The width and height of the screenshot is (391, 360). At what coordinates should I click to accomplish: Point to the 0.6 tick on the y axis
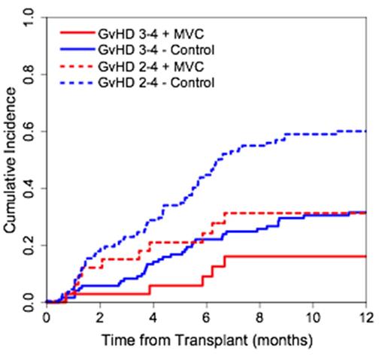tap(30, 131)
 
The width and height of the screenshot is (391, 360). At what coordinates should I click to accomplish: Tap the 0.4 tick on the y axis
tap(30, 188)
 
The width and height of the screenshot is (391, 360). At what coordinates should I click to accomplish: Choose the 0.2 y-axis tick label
tap(30, 245)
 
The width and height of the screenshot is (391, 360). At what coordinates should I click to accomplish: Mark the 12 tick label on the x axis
tap(366, 318)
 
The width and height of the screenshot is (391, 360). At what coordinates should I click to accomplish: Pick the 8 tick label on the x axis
tap(259, 318)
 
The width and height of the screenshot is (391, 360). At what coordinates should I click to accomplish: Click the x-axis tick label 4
tap(153, 318)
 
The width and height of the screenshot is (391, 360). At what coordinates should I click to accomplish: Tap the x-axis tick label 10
tap(313, 318)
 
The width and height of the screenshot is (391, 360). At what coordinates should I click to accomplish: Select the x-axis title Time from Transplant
tap(207, 340)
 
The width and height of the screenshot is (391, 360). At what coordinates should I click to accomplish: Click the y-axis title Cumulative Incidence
tap(11, 160)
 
